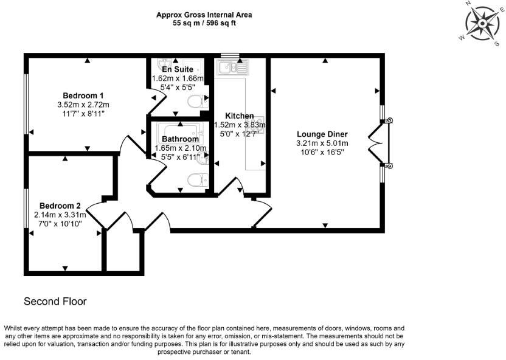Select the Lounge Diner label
pos(322,134)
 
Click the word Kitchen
pos(239,116)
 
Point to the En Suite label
pos(177,71)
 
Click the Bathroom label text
pos(180,139)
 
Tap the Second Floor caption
pos(55,301)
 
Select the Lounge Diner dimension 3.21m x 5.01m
pos(322,144)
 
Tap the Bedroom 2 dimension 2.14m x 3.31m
pos(61,214)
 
